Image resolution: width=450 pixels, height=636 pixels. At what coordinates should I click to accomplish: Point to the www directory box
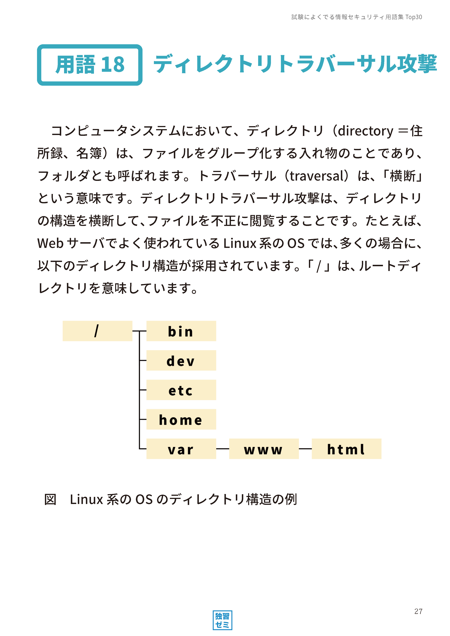pos(264,449)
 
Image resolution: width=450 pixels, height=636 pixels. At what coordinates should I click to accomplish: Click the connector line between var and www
pos(223,449)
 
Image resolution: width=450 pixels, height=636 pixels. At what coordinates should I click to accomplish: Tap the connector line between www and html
pos(305,449)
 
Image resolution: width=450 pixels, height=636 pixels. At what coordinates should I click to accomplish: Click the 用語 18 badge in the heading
pos(90,65)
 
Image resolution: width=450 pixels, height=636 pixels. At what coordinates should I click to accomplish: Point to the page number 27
pos(418,611)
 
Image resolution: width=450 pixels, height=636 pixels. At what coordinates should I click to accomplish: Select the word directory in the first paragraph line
pos(366,131)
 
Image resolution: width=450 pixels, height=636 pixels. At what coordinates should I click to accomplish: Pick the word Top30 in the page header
pos(414,17)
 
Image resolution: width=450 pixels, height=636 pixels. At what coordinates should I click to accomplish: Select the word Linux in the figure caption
pos(87,499)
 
